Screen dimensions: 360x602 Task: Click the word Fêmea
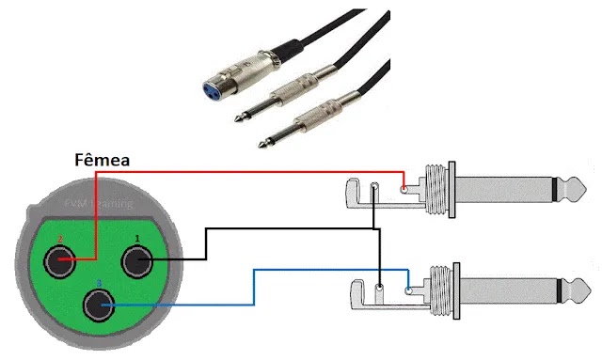pos(102,161)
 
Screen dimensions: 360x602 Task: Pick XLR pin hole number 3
pos(100,305)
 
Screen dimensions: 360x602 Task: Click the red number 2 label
pos(59,240)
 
